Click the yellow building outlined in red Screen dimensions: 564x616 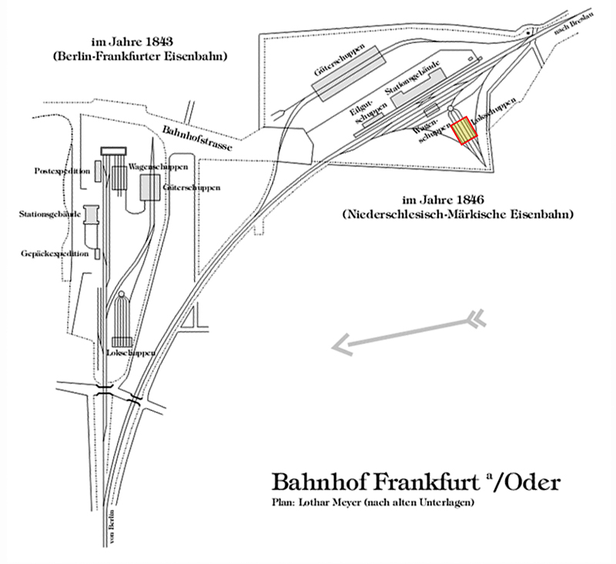point(464,130)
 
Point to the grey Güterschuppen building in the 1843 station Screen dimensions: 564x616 point(150,185)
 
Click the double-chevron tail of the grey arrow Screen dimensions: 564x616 point(477,316)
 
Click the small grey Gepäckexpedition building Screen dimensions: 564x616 point(97,253)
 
